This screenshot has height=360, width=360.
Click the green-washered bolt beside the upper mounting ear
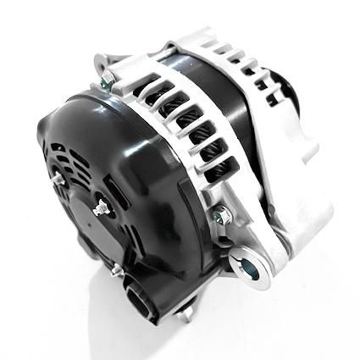tap(108, 81)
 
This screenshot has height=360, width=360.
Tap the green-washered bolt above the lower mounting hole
tap(221, 213)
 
